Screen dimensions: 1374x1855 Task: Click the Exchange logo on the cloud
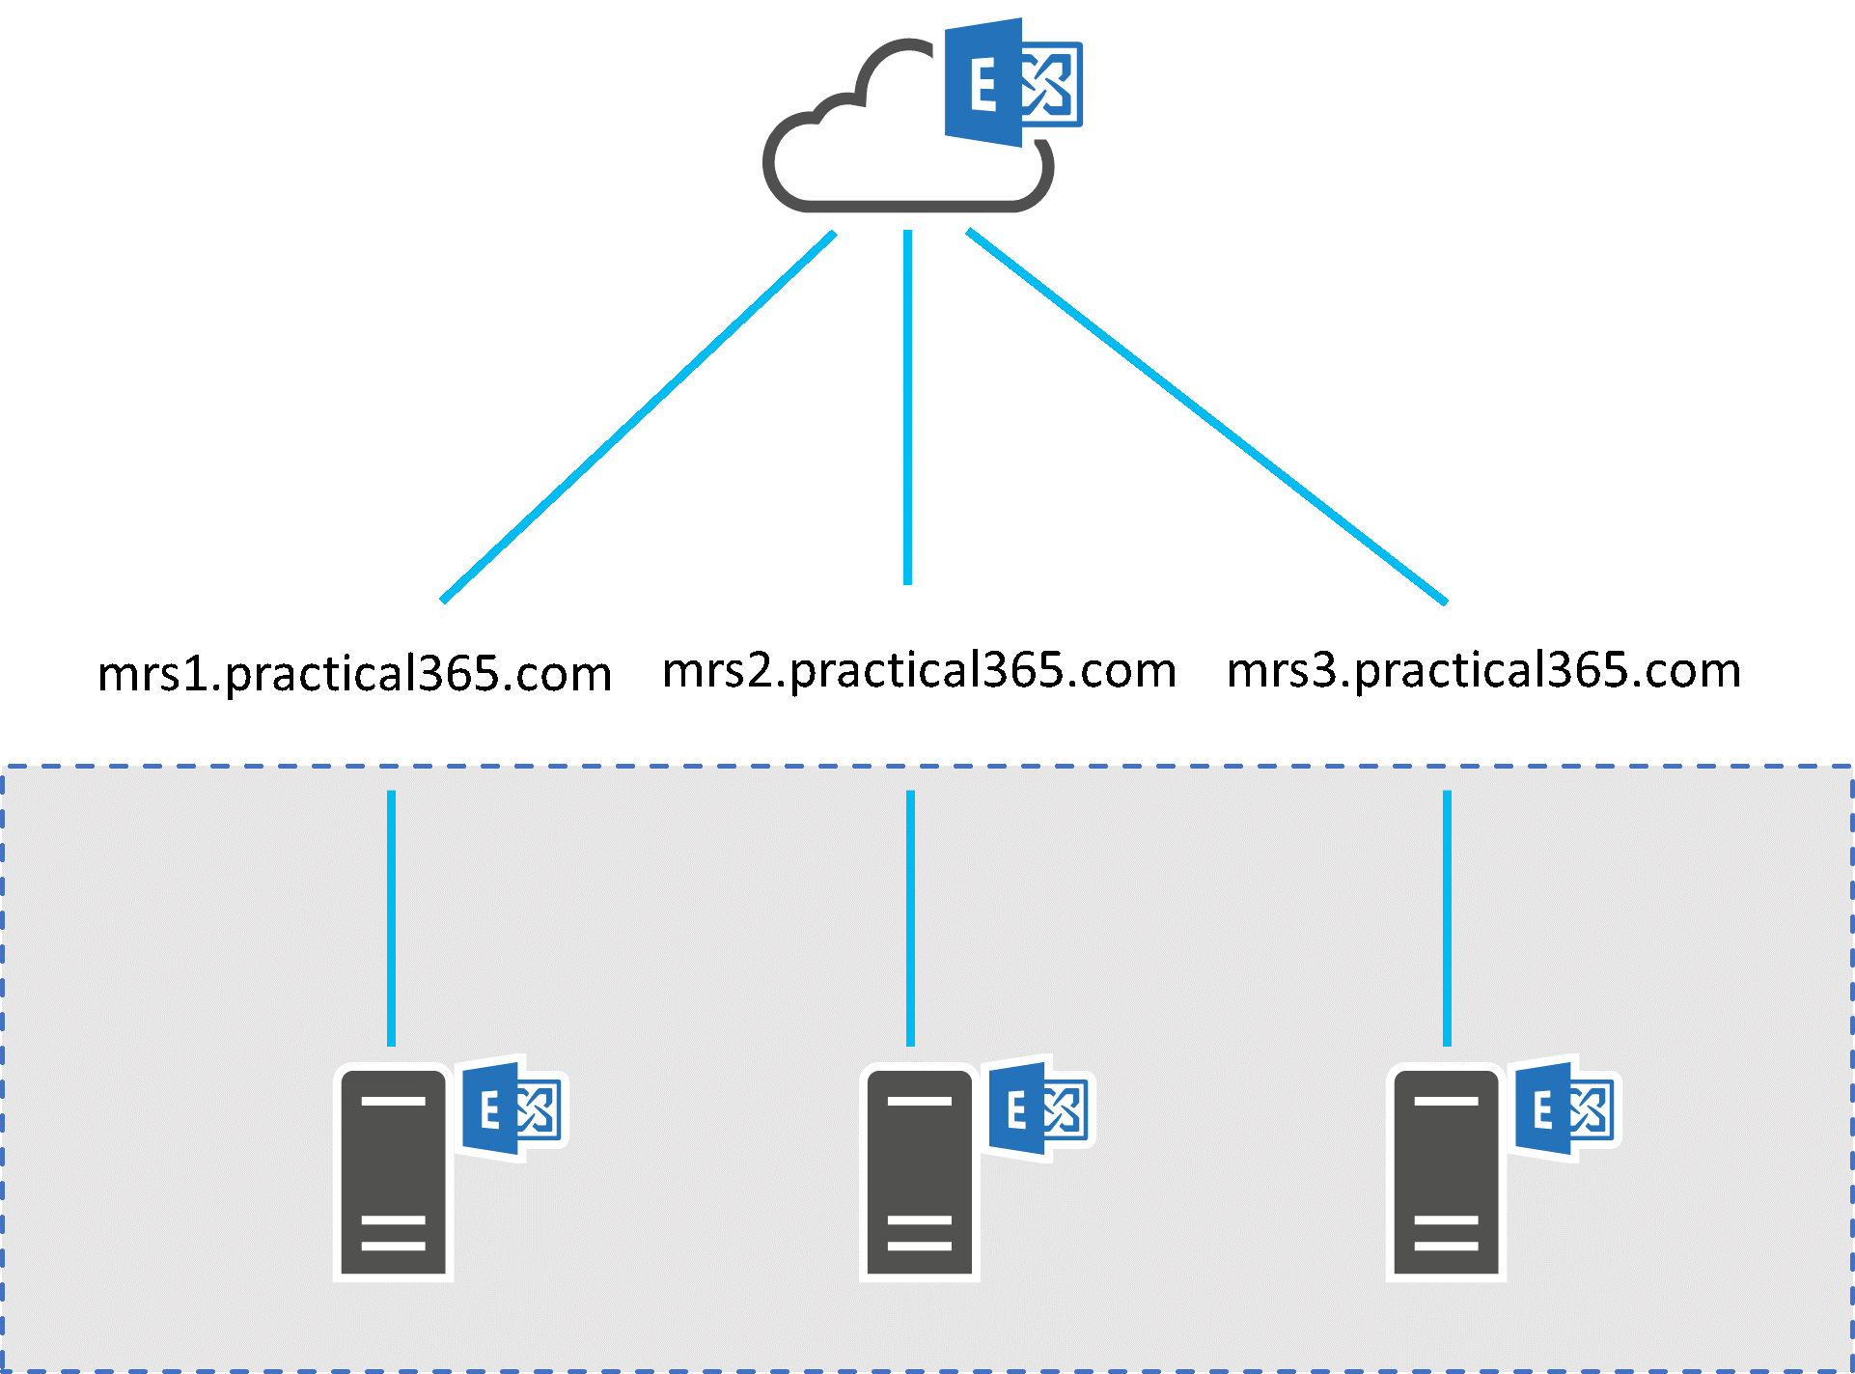coord(1013,82)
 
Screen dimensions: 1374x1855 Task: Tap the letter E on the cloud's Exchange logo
coord(983,85)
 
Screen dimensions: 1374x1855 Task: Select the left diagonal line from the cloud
coord(637,417)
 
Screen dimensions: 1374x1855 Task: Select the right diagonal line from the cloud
coord(1206,417)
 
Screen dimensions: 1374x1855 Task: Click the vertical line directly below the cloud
coord(907,406)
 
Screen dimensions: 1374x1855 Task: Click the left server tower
coord(393,1173)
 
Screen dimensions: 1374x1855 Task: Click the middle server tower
coord(919,1173)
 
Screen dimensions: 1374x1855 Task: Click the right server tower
coord(1446,1173)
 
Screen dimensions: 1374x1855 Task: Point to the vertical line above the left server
coord(391,917)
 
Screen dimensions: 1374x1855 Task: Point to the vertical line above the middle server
coord(910,917)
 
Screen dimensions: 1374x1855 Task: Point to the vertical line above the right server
coord(1447,917)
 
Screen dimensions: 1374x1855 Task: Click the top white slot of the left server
coord(393,1101)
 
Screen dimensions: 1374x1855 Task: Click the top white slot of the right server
coord(1446,1101)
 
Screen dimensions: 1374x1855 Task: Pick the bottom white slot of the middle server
coord(919,1246)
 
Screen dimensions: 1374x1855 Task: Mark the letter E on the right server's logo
coord(1542,1110)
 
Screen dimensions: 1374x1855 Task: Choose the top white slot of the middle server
coord(919,1101)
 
